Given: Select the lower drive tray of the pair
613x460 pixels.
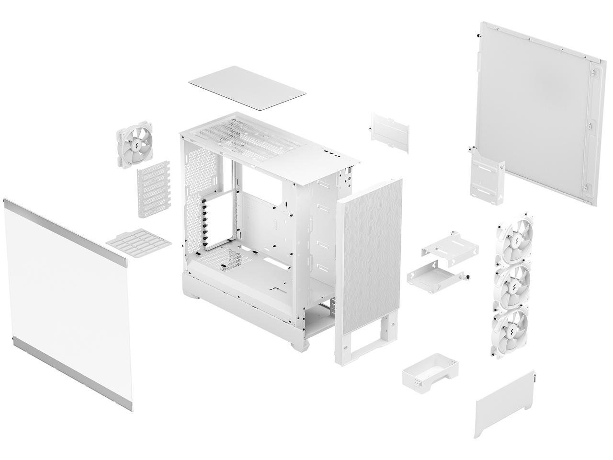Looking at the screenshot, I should click(436, 276).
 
